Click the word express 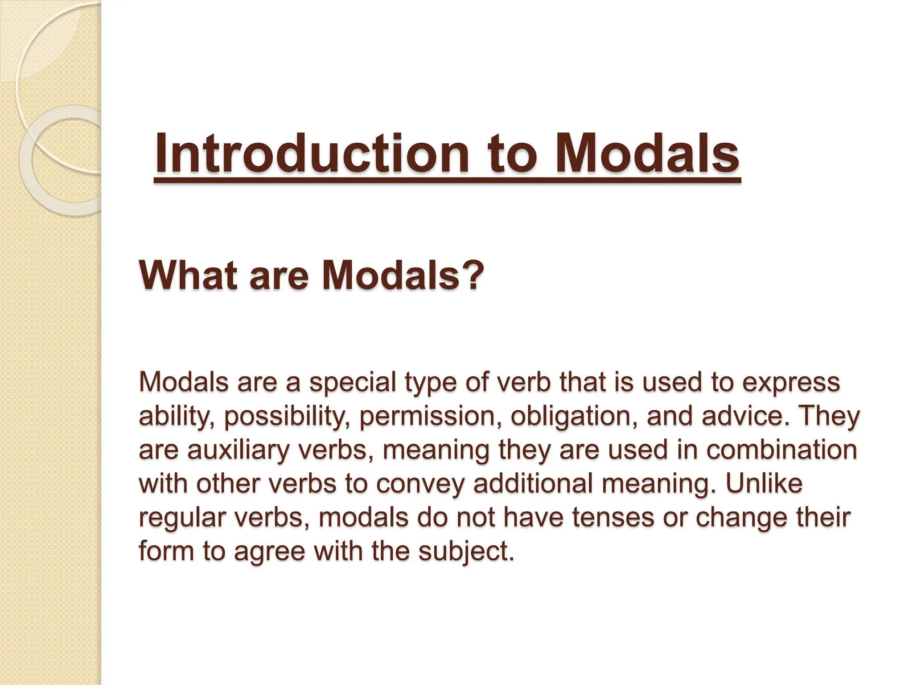tap(791, 383)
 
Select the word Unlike tap(764, 483)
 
